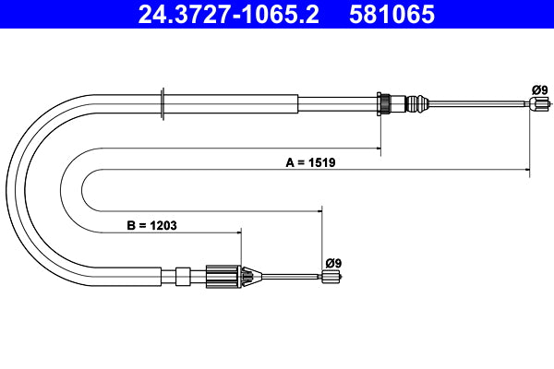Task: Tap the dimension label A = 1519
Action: tap(310, 162)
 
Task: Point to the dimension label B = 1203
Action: tap(151, 224)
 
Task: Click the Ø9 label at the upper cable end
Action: tap(539, 89)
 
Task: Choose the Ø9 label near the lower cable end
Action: tap(333, 262)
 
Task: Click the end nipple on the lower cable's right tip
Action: tap(330, 276)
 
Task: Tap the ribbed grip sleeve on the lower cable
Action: tap(223, 275)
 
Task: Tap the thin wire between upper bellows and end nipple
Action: tap(480, 104)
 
